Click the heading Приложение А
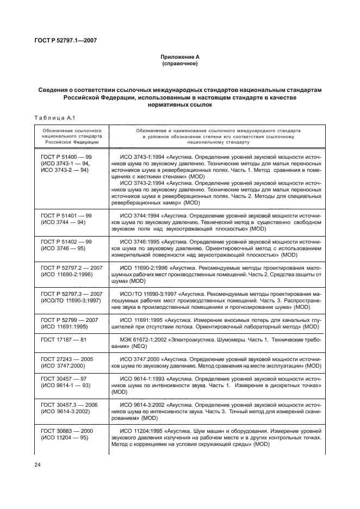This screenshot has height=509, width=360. click(x=179, y=58)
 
